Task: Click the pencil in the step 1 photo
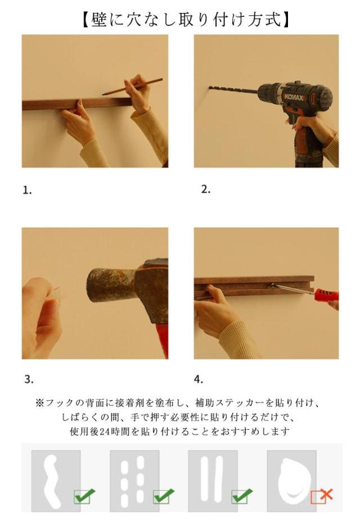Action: point(133,87)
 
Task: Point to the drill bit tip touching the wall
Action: point(210,87)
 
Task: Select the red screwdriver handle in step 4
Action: point(326,295)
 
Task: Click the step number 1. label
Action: point(28,191)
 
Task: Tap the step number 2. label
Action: point(206,189)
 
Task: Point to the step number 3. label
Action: point(29,379)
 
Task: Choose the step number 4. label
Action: point(199,379)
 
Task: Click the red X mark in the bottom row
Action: point(326,495)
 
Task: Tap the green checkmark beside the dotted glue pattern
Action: point(164,496)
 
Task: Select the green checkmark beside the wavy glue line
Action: point(84,496)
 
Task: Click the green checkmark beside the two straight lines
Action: point(242,496)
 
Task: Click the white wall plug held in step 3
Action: point(56,293)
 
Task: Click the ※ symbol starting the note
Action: point(40,403)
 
